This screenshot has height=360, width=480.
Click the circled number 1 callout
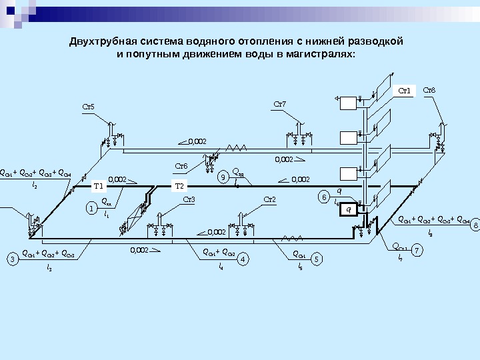pyautogui.click(x=91, y=209)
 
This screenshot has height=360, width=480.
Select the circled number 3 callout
pyautogui.click(x=12, y=258)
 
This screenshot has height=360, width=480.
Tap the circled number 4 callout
pyautogui.click(x=243, y=258)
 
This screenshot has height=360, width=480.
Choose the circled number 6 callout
pyautogui.click(x=324, y=197)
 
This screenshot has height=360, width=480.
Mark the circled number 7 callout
pyautogui.click(x=417, y=251)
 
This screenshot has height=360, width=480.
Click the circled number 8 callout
pyautogui.click(x=475, y=226)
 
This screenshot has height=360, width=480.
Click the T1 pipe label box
pyautogui.click(x=98, y=186)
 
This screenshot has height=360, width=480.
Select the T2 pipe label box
pyautogui.click(x=181, y=186)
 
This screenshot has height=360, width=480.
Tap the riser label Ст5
pyautogui.click(x=88, y=106)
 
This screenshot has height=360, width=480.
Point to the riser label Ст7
pyautogui.click(x=280, y=104)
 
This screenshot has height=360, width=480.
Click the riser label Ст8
pyautogui.click(x=429, y=90)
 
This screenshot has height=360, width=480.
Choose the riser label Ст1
pyautogui.click(x=405, y=90)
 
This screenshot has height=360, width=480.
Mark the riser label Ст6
pyautogui.click(x=181, y=166)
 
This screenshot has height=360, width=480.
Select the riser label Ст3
pyautogui.click(x=189, y=199)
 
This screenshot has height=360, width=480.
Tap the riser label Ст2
pyautogui.click(x=269, y=199)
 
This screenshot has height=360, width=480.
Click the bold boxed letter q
pyautogui.click(x=347, y=209)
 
